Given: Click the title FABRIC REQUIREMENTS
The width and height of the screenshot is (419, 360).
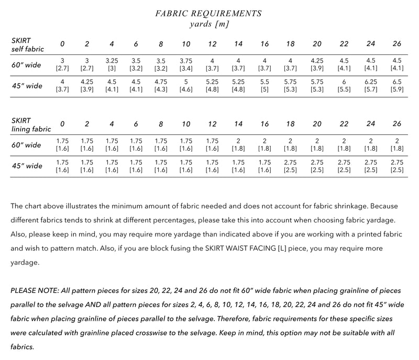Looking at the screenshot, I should (x=209, y=13).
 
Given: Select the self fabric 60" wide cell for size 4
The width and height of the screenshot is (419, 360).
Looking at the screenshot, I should (x=112, y=65).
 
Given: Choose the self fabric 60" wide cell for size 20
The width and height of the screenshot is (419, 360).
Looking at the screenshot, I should (x=317, y=65).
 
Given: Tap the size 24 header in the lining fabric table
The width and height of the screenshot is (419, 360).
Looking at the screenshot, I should (x=370, y=124).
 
